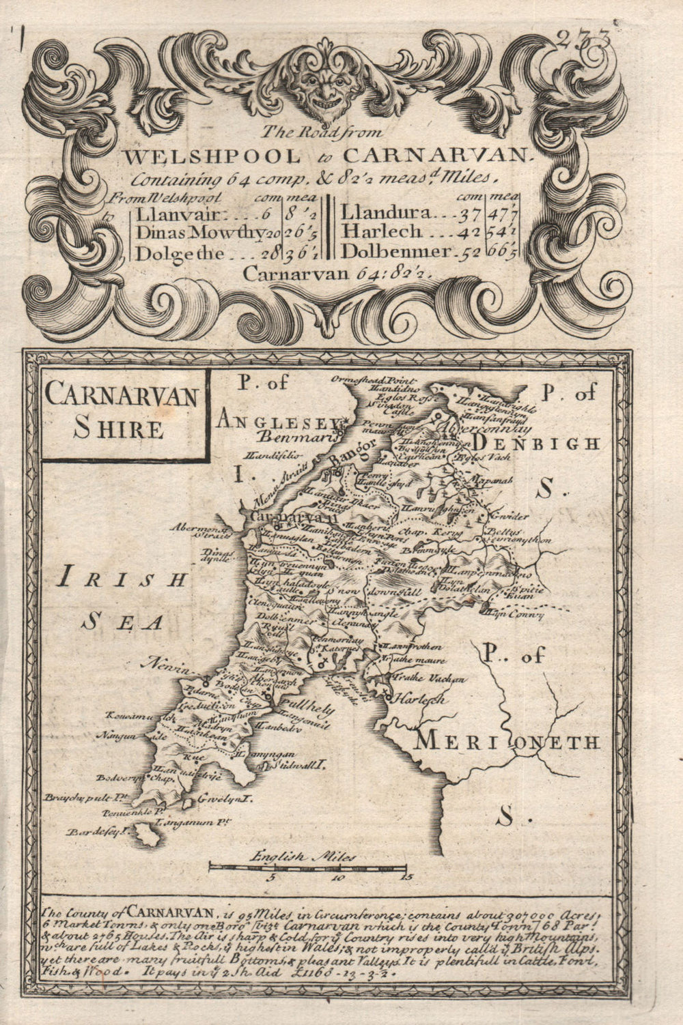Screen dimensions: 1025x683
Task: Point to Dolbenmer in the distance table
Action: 395,251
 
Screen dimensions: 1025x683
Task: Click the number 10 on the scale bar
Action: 337,878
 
